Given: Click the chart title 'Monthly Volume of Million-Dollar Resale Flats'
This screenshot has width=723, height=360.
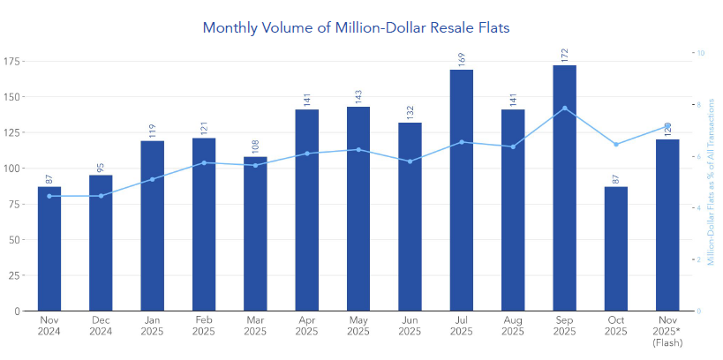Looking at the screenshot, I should (x=356, y=27).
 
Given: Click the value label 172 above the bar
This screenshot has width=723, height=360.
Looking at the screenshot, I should (x=564, y=55).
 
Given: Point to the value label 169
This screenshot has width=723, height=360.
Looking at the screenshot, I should (x=461, y=59).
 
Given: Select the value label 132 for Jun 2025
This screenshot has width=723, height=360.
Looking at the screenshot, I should (x=410, y=112).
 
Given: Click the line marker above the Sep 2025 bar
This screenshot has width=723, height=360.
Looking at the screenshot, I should (x=564, y=108).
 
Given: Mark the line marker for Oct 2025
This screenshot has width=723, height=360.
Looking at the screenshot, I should (x=615, y=144).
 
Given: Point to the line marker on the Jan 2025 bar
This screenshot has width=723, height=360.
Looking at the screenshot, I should (x=152, y=179).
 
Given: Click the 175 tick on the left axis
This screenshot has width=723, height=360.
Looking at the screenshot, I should (x=14, y=60).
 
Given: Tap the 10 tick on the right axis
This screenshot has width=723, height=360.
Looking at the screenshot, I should (x=701, y=53).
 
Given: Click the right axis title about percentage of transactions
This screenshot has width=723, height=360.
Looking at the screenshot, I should (x=712, y=181).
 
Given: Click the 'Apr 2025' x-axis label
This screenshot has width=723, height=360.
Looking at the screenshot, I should (x=306, y=326).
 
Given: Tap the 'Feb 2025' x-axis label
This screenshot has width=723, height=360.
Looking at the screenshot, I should (x=204, y=326).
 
